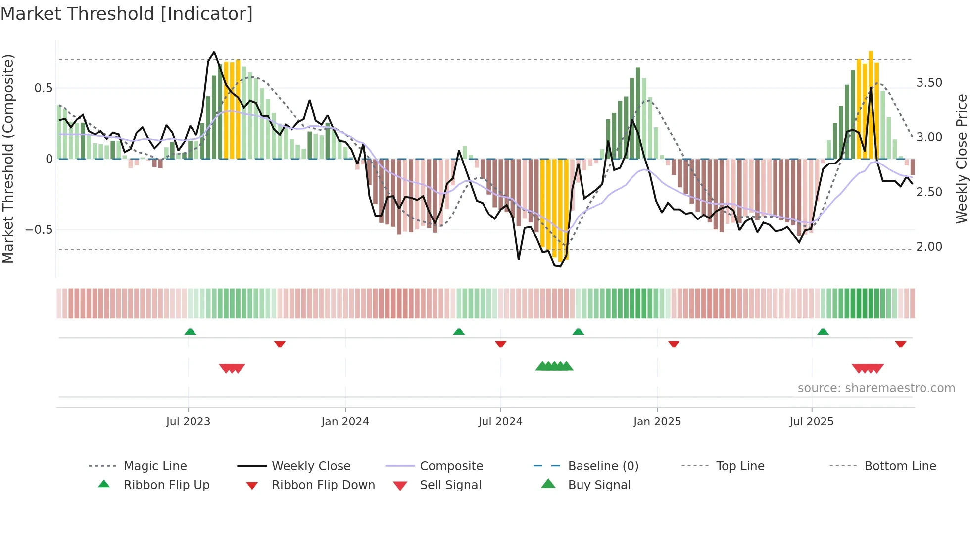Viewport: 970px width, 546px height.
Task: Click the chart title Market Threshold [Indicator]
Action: tap(127, 14)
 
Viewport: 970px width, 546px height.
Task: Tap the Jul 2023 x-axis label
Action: tap(188, 422)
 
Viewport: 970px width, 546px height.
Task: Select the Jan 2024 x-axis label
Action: tap(345, 422)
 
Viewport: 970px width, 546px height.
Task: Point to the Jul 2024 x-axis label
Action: tap(500, 422)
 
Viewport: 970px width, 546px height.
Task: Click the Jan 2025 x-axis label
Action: tap(657, 422)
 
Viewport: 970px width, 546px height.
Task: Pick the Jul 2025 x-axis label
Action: tap(811, 422)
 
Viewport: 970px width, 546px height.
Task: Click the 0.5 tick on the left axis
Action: tap(43, 88)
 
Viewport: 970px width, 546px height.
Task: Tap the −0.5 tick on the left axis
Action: tap(39, 230)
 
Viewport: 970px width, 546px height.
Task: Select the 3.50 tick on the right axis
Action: tap(929, 83)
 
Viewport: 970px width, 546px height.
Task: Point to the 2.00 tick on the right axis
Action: tap(929, 247)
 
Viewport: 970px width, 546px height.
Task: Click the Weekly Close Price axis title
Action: tap(961, 159)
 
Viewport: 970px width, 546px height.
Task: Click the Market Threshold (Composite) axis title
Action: tap(8, 159)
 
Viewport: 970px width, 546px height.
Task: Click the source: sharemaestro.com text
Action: tap(876, 388)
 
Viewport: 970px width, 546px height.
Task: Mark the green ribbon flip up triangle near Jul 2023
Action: tap(190, 332)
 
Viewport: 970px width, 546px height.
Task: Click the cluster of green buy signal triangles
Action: tap(554, 366)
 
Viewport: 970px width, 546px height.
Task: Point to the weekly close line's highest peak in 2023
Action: tap(214, 52)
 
